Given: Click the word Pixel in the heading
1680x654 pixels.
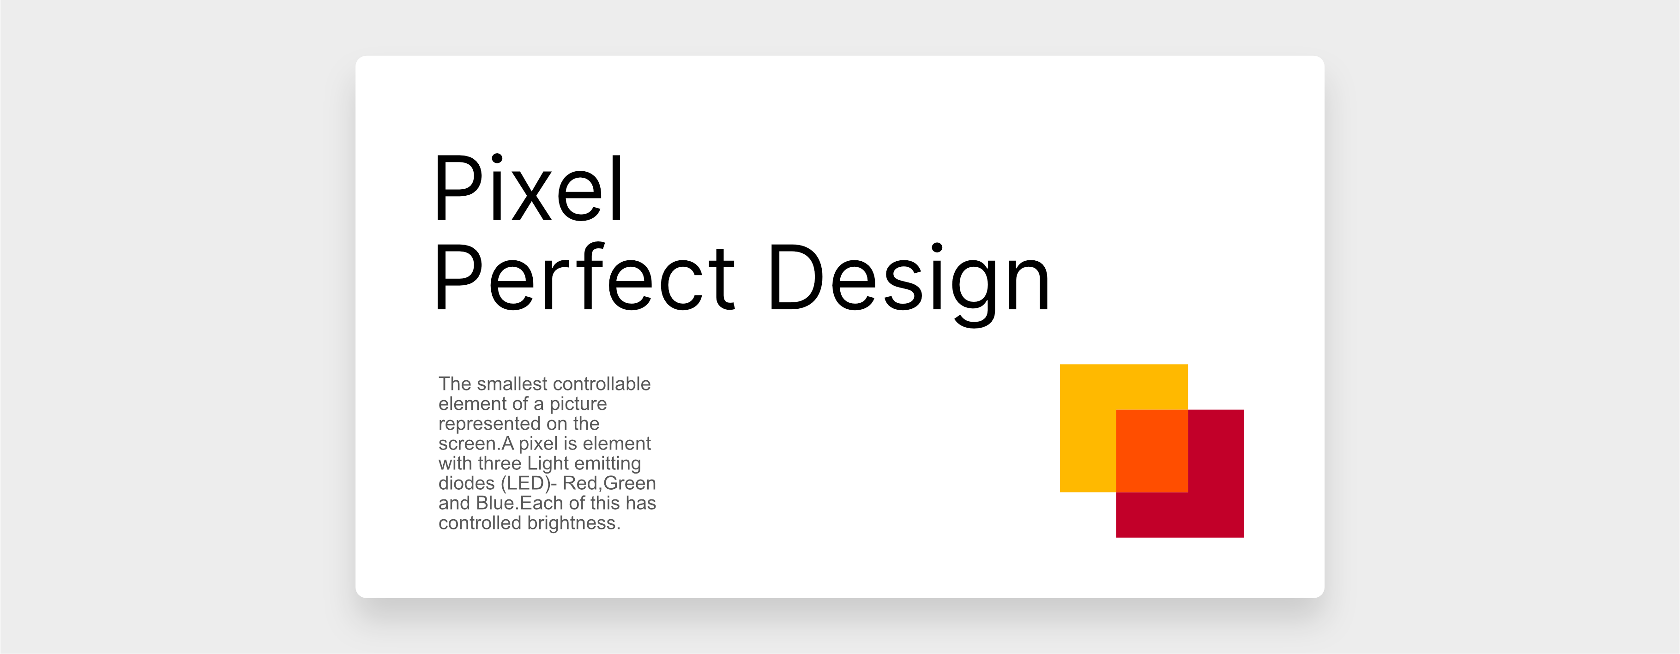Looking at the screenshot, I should (x=528, y=189).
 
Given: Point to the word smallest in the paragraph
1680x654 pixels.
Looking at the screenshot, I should (x=512, y=384).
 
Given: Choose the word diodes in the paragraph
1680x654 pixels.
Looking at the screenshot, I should (x=466, y=483).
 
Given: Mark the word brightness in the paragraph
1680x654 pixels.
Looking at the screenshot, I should (x=573, y=523).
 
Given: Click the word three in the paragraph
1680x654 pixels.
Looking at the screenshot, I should (x=499, y=463).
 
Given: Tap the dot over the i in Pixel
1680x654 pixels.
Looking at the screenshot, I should (x=497, y=158).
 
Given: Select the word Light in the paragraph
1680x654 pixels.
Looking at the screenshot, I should (x=548, y=463).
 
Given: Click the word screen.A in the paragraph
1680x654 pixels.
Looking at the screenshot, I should (x=476, y=444).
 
